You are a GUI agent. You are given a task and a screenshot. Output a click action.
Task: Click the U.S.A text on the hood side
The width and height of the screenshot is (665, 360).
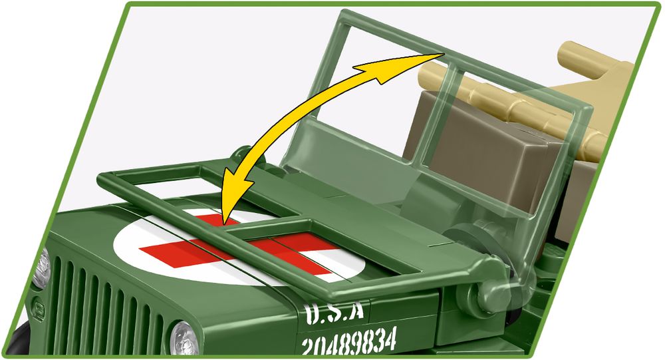(336, 312)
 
